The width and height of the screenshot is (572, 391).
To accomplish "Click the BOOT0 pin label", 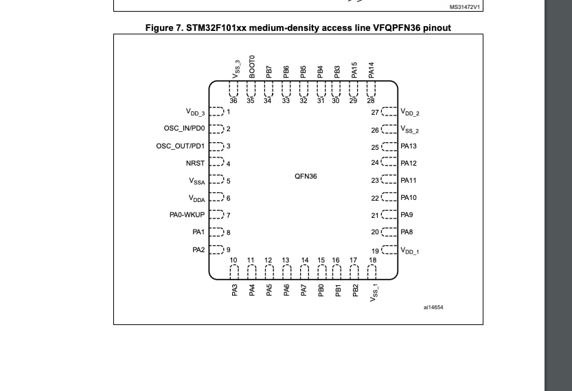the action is (252, 67).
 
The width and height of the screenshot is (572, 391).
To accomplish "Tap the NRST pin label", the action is (195, 163).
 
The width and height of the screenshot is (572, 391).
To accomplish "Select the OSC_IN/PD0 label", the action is (184, 128).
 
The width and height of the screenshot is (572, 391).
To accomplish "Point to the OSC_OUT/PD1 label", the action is (180, 146).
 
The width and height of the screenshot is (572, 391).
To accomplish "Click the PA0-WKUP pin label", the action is (187, 214).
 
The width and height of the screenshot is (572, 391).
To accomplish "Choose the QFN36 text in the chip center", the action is (306, 177).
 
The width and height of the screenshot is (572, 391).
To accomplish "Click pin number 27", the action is (375, 113).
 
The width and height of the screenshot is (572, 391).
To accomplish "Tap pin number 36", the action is (233, 101).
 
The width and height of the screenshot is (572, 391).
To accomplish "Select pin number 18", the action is (372, 260).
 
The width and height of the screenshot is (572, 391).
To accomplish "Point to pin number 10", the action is (233, 260).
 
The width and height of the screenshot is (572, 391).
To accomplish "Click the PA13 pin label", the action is (409, 146).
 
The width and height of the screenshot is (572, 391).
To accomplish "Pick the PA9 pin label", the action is (407, 214).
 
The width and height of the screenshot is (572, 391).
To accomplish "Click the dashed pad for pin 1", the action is (216, 111).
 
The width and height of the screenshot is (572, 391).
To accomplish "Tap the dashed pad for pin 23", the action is (389, 179).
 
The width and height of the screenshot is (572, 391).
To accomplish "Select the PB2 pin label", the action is (355, 290).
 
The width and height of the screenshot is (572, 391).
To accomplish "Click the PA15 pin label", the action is (354, 70).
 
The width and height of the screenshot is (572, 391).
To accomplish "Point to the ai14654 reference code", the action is (433, 307).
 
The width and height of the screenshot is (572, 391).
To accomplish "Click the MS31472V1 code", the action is (465, 7).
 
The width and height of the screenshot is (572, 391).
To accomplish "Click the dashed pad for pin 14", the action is (305, 271).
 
